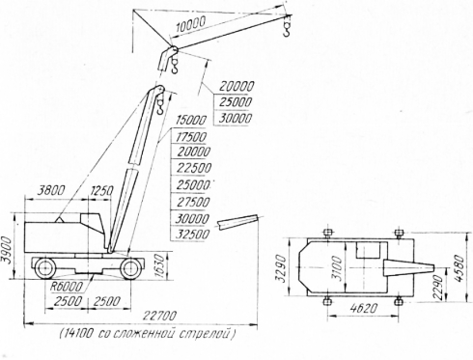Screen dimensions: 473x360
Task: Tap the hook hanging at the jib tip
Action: coord(287,27)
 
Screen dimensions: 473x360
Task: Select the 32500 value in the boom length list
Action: coord(192,235)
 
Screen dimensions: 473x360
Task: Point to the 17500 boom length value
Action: coord(191,137)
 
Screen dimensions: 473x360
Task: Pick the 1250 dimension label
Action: coord(101,191)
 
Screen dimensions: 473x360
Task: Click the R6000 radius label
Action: coord(67,287)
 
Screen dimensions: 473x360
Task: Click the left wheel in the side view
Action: coord(44,268)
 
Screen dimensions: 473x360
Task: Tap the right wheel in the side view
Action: coord(130,268)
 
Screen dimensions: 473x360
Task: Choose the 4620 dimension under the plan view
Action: coord(363,309)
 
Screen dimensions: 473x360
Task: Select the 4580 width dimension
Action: coord(461,268)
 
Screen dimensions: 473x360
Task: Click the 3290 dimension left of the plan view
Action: coord(281,268)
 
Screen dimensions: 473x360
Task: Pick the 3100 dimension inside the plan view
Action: coord(337,268)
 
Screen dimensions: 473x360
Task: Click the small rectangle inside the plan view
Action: coord(368,250)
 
